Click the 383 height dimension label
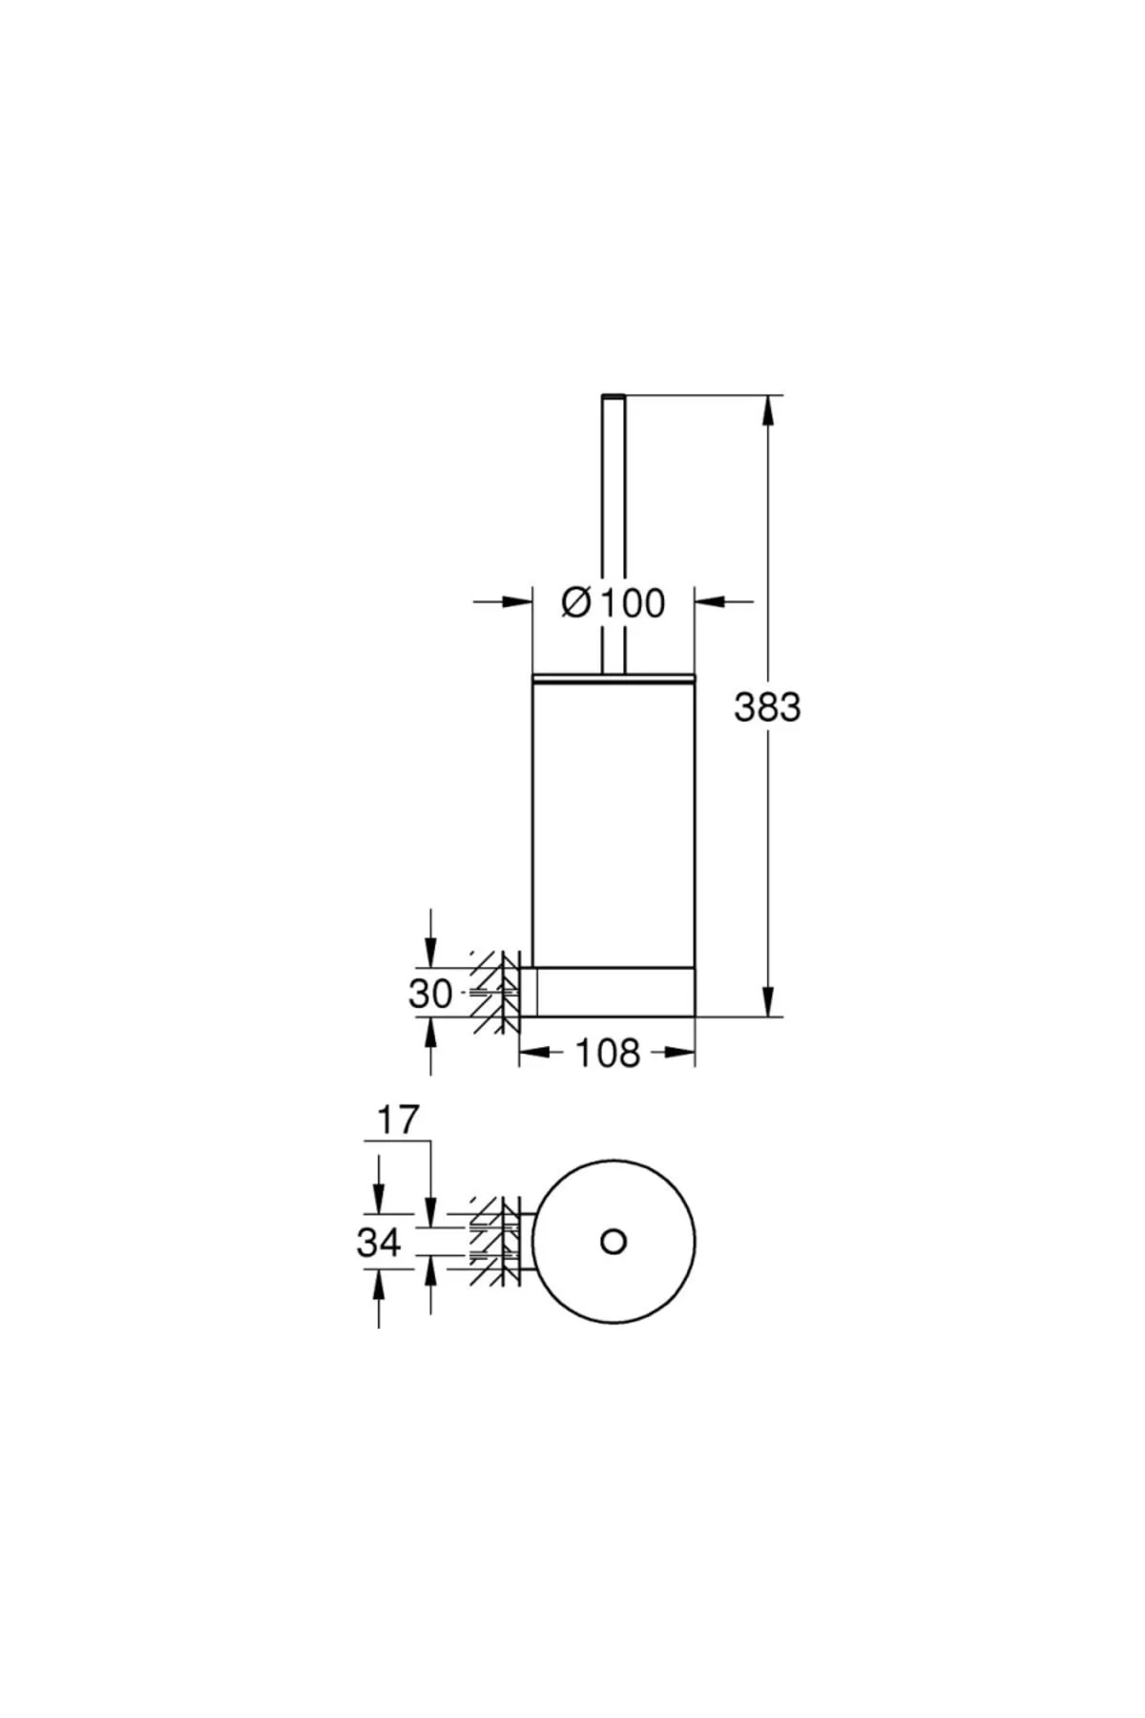767,707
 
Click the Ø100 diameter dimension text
614,602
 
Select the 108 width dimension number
608,1053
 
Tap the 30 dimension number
430,994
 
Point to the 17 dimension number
396,1120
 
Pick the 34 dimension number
379,1243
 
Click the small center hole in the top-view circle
614,1242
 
